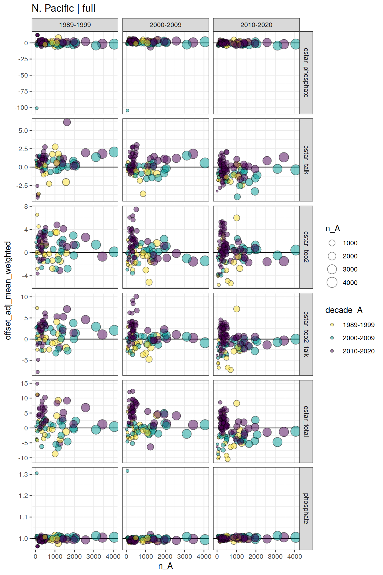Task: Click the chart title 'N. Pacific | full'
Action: pyautogui.click(x=64, y=8)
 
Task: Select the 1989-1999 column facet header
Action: pyautogui.click(x=75, y=25)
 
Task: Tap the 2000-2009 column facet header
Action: pyautogui.click(x=166, y=25)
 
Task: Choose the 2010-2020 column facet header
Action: pyautogui.click(x=256, y=25)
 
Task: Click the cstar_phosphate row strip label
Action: pyautogui.click(x=306, y=73)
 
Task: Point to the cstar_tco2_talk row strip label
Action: pyautogui.click(x=306, y=334)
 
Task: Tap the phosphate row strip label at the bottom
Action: pyautogui.click(x=306, y=509)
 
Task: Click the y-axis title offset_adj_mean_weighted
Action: pyautogui.click(x=8, y=290)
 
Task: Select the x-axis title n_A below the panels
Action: pyautogui.click(x=166, y=566)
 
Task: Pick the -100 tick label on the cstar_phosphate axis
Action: pyautogui.click(x=21, y=108)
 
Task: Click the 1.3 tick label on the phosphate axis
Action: pyautogui.click(x=23, y=474)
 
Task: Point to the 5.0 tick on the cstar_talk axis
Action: pyautogui.click(x=23, y=131)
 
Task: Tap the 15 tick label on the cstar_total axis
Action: pyautogui.click(x=25, y=383)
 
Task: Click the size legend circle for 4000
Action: pyautogui.click(x=332, y=282)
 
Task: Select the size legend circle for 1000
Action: pyautogui.click(x=332, y=243)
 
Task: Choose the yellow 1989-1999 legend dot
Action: pyautogui.click(x=332, y=325)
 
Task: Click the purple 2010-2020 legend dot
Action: pyautogui.click(x=332, y=351)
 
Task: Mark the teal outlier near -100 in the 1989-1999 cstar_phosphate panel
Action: pyautogui.click(x=36, y=108)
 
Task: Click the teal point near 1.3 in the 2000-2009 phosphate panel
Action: pyautogui.click(x=127, y=471)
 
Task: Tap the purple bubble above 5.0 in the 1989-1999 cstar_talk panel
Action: pyautogui.click(x=67, y=122)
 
